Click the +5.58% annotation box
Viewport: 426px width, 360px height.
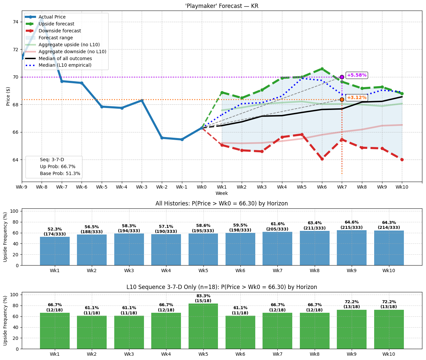356,75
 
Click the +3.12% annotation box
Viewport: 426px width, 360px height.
356,98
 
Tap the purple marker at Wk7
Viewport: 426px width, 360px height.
342,77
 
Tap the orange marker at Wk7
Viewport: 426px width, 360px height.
342,99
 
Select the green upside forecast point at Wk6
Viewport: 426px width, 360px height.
322,69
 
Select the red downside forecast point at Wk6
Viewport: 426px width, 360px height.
322,159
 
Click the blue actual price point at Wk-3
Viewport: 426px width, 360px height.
142,100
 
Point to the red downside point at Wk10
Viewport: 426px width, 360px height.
402,160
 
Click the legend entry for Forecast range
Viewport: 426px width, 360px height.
55,38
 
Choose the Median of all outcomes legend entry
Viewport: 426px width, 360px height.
65,58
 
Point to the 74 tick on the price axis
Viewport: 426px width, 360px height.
16,22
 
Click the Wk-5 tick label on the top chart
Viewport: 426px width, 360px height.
102,187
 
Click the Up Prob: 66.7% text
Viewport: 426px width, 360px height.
57,167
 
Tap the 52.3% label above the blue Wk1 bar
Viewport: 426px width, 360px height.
55,229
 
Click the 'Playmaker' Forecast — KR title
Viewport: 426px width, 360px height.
222,6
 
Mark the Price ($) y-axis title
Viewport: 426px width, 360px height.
8,96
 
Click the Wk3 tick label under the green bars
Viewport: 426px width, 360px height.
129,354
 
